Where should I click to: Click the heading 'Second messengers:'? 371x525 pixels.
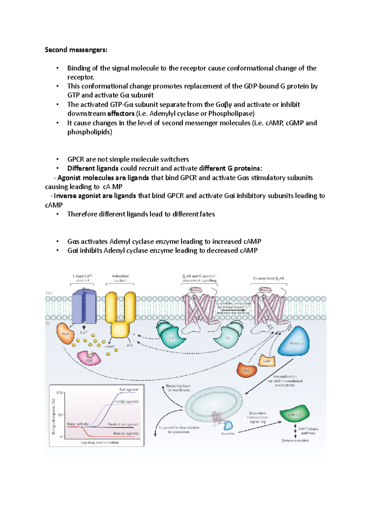pos(76,50)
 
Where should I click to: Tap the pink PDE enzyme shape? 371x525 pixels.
pos(89,358)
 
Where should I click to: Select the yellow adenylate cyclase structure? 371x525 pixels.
pos(120,315)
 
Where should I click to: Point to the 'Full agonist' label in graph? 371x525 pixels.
pos(129,390)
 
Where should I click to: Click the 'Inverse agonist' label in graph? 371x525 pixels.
pos(126,433)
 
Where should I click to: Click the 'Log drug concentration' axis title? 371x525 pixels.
pos(100,442)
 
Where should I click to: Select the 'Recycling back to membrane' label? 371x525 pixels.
pos(178,388)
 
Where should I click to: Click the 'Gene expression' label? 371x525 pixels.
pos(295,440)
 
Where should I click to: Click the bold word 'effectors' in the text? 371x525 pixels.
pos(121,113)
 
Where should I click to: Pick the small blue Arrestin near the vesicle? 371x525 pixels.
pos(228,425)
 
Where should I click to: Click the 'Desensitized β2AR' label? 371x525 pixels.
pos(269,279)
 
